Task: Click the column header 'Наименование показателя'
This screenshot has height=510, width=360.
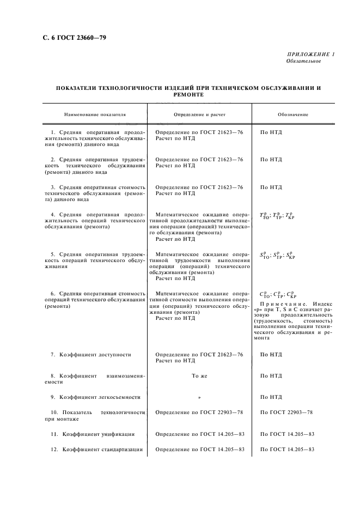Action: (95, 115)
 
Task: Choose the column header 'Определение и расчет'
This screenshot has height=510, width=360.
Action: (199, 115)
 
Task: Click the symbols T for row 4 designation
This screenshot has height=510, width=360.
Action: (277, 215)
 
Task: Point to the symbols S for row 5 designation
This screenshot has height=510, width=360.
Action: (277, 255)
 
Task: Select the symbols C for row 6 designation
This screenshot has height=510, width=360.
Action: (277, 295)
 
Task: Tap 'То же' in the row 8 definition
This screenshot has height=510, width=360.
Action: (199, 375)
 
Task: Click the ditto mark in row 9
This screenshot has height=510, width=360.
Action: (199, 397)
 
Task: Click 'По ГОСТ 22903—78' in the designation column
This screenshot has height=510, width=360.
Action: (286, 412)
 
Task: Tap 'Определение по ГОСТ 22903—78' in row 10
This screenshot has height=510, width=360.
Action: (199, 412)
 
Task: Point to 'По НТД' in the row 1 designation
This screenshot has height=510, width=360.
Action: (271, 132)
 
